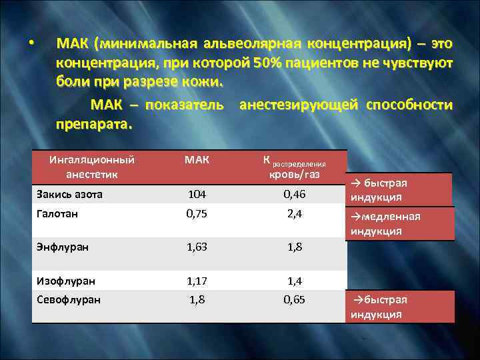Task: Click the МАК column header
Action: [197, 160]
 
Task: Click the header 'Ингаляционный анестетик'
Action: [92, 167]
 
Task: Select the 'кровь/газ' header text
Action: [294, 175]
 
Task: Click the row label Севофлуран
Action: [67, 299]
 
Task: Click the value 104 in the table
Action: [197, 194]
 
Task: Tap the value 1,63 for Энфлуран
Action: [197, 246]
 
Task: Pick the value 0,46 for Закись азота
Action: [294, 194]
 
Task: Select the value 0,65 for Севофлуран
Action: [294, 299]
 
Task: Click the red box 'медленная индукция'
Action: [400, 223]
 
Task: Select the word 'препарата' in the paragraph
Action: [93, 124]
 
